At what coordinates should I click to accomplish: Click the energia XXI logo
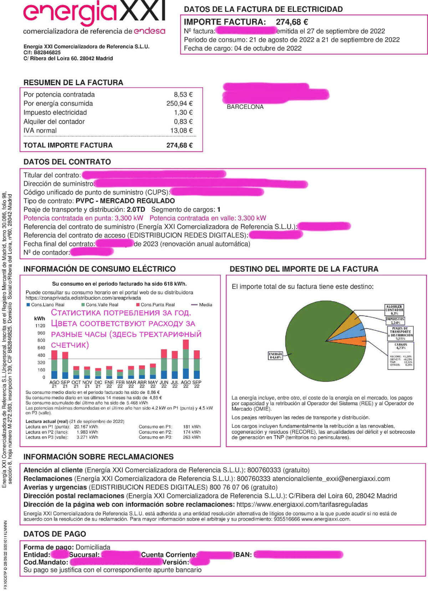(94, 14)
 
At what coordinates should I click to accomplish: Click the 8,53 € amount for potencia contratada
(183, 94)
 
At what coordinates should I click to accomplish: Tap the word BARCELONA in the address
(245, 107)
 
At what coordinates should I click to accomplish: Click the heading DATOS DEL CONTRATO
(67, 162)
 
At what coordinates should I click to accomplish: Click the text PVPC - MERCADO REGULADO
(125, 201)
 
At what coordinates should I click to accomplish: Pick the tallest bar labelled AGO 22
(186, 359)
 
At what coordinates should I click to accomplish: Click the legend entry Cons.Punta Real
(157, 305)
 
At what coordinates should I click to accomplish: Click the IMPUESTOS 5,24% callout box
(395, 321)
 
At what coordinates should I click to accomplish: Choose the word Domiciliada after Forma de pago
(93, 547)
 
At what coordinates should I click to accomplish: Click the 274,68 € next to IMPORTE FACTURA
(292, 22)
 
